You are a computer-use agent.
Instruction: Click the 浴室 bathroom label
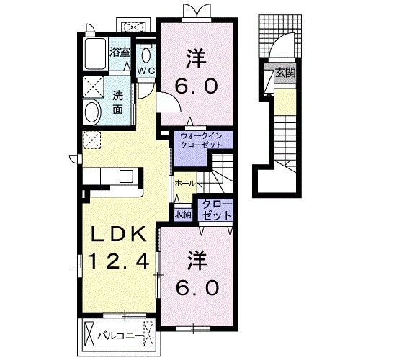tap(120, 52)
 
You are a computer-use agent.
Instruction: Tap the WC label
tap(146, 71)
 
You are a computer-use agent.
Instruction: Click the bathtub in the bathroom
tap(96, 54)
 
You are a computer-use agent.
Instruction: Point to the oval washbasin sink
tap(92, 112)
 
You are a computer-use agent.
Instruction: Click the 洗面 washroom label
tap(117, 102)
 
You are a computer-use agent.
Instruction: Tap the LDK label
tap(118, 234)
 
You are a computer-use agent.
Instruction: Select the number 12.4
tap(119, 261)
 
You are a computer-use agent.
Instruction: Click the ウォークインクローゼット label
tap(202, 140)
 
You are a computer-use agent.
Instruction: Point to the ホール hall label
tap(185, 184)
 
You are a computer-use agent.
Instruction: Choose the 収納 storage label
tap(183, 215)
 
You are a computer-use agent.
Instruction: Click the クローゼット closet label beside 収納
tap(217, 210)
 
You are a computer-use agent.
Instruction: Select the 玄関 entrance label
tap(285, 73)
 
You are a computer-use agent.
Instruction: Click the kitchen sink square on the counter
tap(126, 176)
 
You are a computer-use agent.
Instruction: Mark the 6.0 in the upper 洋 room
tap(197, 86)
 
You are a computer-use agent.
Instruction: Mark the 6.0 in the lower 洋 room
tap(197, 287)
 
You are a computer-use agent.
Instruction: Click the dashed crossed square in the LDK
tap(91, 140)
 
